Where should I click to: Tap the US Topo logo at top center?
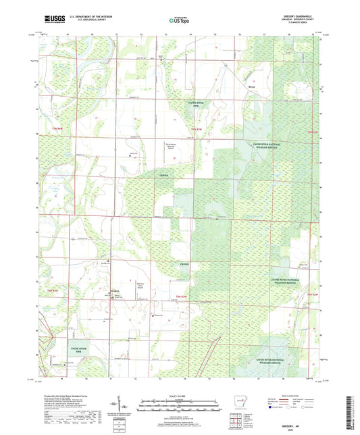point(179,22)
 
